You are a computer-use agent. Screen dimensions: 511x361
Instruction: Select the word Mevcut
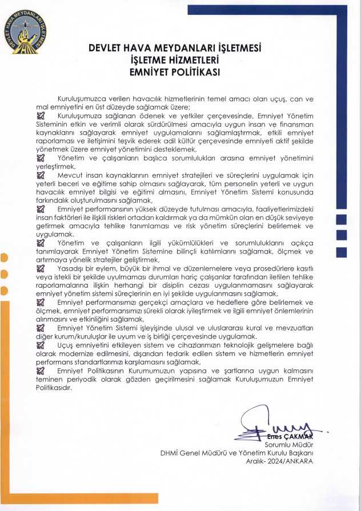coord(70,175)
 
